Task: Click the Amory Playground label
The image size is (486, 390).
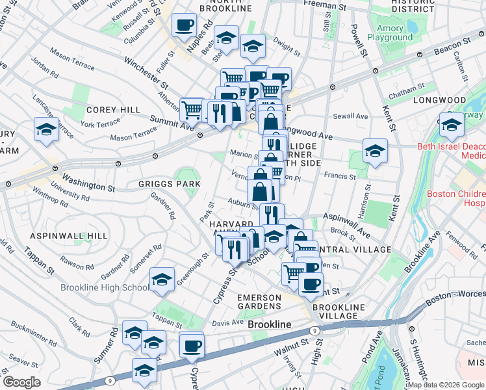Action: tap(390, 32)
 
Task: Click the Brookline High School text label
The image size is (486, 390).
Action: tap(104, 288)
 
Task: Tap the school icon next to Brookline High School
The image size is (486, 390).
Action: tap(162, 279)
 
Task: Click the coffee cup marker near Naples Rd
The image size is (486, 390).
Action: tap(184, 25)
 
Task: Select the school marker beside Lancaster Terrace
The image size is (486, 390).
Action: tap(46, 129)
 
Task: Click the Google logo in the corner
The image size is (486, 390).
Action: tap(22, 382)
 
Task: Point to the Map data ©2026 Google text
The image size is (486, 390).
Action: tap(446, 385)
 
